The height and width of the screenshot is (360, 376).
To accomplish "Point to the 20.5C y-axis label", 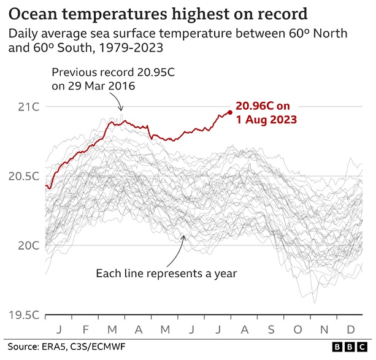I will pyautogui.click(x=24, y=177).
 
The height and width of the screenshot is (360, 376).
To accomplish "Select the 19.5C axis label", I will pyautogui.click(x=24, y=315).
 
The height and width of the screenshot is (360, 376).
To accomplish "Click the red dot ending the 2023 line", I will pyautogui.click(x=229, y=112).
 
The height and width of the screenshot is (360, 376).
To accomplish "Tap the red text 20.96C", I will pyautogui.click(x=258, y=105).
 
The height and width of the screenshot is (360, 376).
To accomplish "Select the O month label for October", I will pyautogui.click(x=297, y=329).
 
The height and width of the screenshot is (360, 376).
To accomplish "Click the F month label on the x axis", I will pyautogui.click(x=86, y=329).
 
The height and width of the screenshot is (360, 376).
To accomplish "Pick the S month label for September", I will pyautogui.click(x=270, y=329).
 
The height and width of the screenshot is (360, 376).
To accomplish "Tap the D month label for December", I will pyautogui.click(x=350, y=329).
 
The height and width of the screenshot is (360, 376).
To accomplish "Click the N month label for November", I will pyautogui.click(x=324, y=329).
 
